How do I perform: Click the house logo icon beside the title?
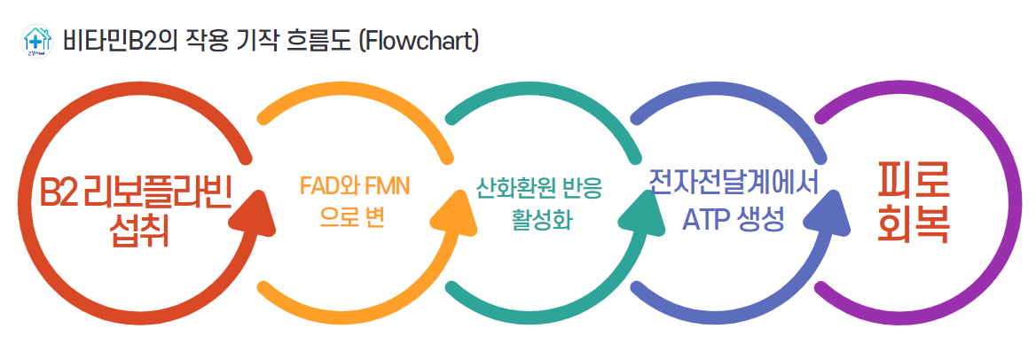click(x=36, y=42)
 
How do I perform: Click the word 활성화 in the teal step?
click(x=541, y=220)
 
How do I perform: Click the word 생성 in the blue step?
click(x=762, y=220)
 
